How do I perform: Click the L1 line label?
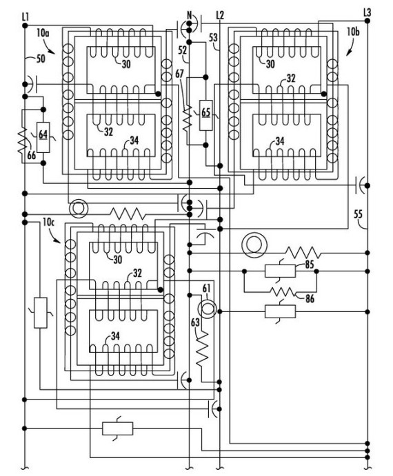pyautogui.click(x=26, y=17)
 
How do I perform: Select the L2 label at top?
pyautogui.click(x=220, y=15)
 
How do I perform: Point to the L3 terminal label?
pyautogui.click(x=367, y=13)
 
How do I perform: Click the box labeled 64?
pyautogui.click(x=43, y=137)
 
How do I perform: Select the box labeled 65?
pyautogui.click(x=205, y=115)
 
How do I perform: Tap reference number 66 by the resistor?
pyautogui.click(x=31, y=155)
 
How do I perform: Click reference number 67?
pyautogui.click(x=180, y=74)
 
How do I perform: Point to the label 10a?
pyautogui.click(x=43, y=33)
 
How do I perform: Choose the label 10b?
pyautogui.click(x=353, y=31)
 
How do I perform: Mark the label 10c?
pyautogui.click(x=49, y=223)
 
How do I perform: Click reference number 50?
pyautogui.click(x=41, y=59)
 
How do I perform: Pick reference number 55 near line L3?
pyautogui.click(x=359, y=214)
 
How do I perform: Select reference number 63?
pyautogui.click(x=195, y=322)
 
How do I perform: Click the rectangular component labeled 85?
pyautogui.click(x=280, y=271)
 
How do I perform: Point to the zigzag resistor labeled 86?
pyautogui.click(x=283, y=292)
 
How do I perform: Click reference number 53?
pyautogui.click(x=213, y=38)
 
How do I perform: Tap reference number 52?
pyautogui.click(x=183, y=50)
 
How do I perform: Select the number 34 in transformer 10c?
pyautogui.click(x=115, y=336)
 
